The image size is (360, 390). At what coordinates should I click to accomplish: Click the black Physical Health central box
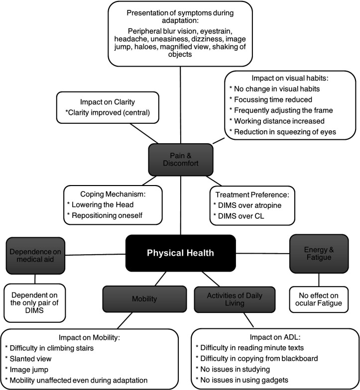tap(180, 253)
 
